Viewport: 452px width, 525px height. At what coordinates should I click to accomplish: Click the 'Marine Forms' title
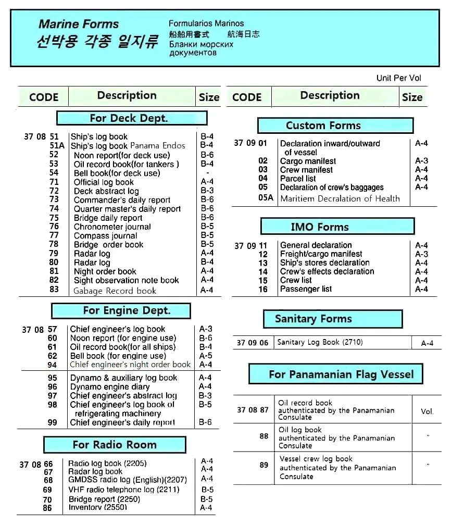(79, 24)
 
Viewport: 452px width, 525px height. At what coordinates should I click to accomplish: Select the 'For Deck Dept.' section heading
(131, 118)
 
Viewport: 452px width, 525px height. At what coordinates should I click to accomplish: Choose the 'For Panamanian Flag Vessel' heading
(341, 374)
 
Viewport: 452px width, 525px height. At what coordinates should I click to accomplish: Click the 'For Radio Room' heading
(115, 445)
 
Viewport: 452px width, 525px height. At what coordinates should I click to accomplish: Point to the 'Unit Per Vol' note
(398, 78)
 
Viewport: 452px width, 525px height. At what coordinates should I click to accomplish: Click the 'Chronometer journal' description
(112, 227)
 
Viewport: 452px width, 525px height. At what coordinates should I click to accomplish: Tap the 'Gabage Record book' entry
(115, 291)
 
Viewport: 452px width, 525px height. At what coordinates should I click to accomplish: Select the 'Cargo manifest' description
(308, 161)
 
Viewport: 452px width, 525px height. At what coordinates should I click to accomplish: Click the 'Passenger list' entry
(306, 289)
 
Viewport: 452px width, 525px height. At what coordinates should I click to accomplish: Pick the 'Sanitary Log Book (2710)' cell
(320, 342)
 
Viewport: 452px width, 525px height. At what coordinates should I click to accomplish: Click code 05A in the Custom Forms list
(266, 198)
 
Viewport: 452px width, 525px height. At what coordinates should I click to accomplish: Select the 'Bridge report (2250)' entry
(104, 499)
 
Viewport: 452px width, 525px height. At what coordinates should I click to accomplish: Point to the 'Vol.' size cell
(427, 411)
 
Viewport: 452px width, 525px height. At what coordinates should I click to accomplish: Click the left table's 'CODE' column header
(44, 97)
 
